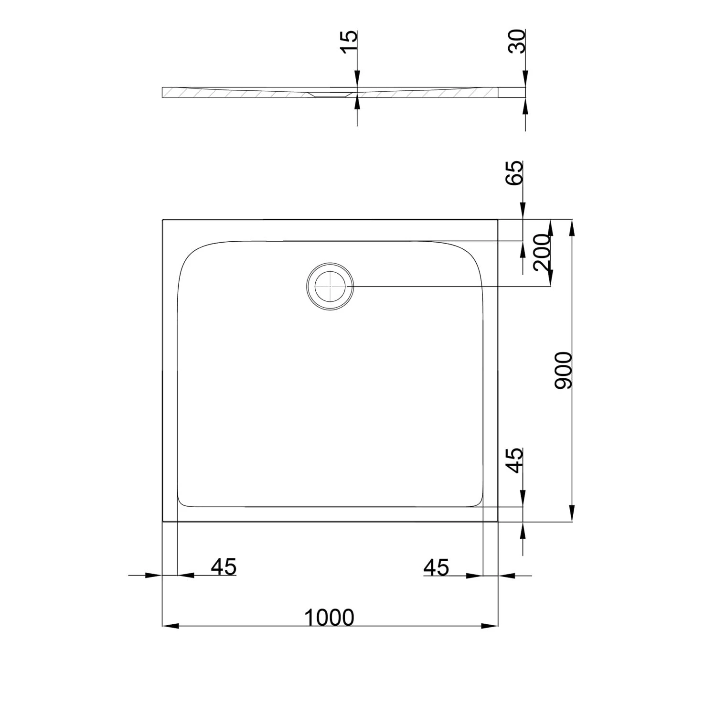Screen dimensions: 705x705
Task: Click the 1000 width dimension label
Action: click(x=329, y=617)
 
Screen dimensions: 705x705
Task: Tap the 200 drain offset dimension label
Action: click(x=542, y=253)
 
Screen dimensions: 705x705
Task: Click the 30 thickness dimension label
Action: click(x=517, y=41)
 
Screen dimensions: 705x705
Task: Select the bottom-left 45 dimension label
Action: click(x=224, y=567)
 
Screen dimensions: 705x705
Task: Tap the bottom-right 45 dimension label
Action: click(x=437, y=567)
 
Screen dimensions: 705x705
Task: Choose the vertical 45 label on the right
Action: click(x=515, y=460)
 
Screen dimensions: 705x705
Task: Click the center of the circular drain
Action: click(x=330, y=286)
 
